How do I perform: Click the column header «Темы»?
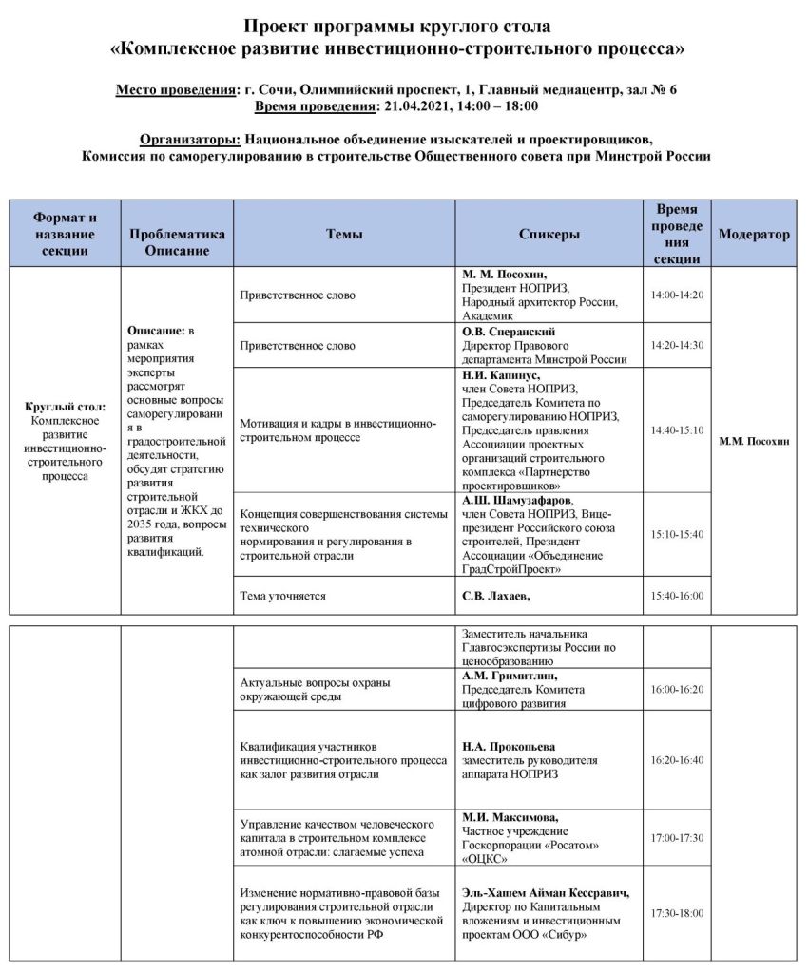coord(344,234)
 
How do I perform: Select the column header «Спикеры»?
coord(549,234)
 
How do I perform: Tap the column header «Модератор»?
coord(754,234)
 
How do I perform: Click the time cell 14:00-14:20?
coord(677,295)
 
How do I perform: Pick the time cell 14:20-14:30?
coord(677,345)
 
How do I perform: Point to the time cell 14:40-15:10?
coord(677,429)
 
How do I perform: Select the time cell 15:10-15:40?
coord(677,534)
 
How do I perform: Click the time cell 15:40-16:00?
coord(677,595)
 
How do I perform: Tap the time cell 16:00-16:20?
coord(677,689)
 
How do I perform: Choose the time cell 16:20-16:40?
coord(677,760)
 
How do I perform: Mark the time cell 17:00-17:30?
coord(677,837)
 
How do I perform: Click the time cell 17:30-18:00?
coord(677,913)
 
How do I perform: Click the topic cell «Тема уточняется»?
coord(283,596)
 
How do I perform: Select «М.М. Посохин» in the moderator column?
coord(754,442)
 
